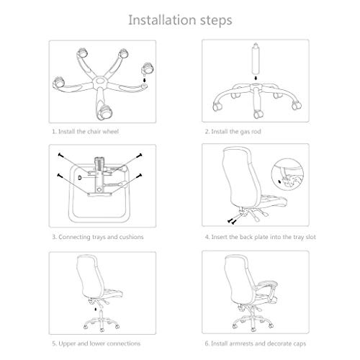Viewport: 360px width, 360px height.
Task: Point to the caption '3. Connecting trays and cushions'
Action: click(97, 235)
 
